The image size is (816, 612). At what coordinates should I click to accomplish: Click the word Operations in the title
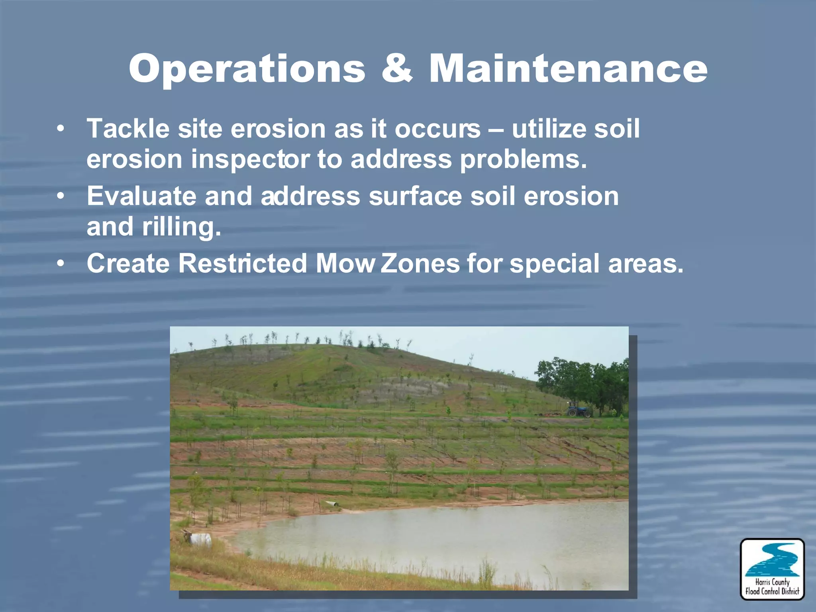click(x=247, y=69)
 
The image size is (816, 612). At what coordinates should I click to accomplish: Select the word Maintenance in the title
click(x=568, y=69)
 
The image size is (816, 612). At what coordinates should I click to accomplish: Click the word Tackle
click(x=128, y=129)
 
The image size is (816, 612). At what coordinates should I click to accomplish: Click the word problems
click(x=523, y=159)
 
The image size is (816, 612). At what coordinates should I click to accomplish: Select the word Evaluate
click(x=141, y=196)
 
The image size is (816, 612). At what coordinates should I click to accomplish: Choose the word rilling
click(x=181, y=227)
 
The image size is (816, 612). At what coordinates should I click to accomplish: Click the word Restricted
click(x=242, y=263)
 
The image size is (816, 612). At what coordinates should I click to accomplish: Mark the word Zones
click(x=420, y=263)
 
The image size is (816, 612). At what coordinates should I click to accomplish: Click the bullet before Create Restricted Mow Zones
click(x=60, y=263)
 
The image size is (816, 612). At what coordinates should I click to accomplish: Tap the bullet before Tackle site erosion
click(x=60, y=129)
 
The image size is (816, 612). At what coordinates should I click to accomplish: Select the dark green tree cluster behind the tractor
click(x=584, y=382)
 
